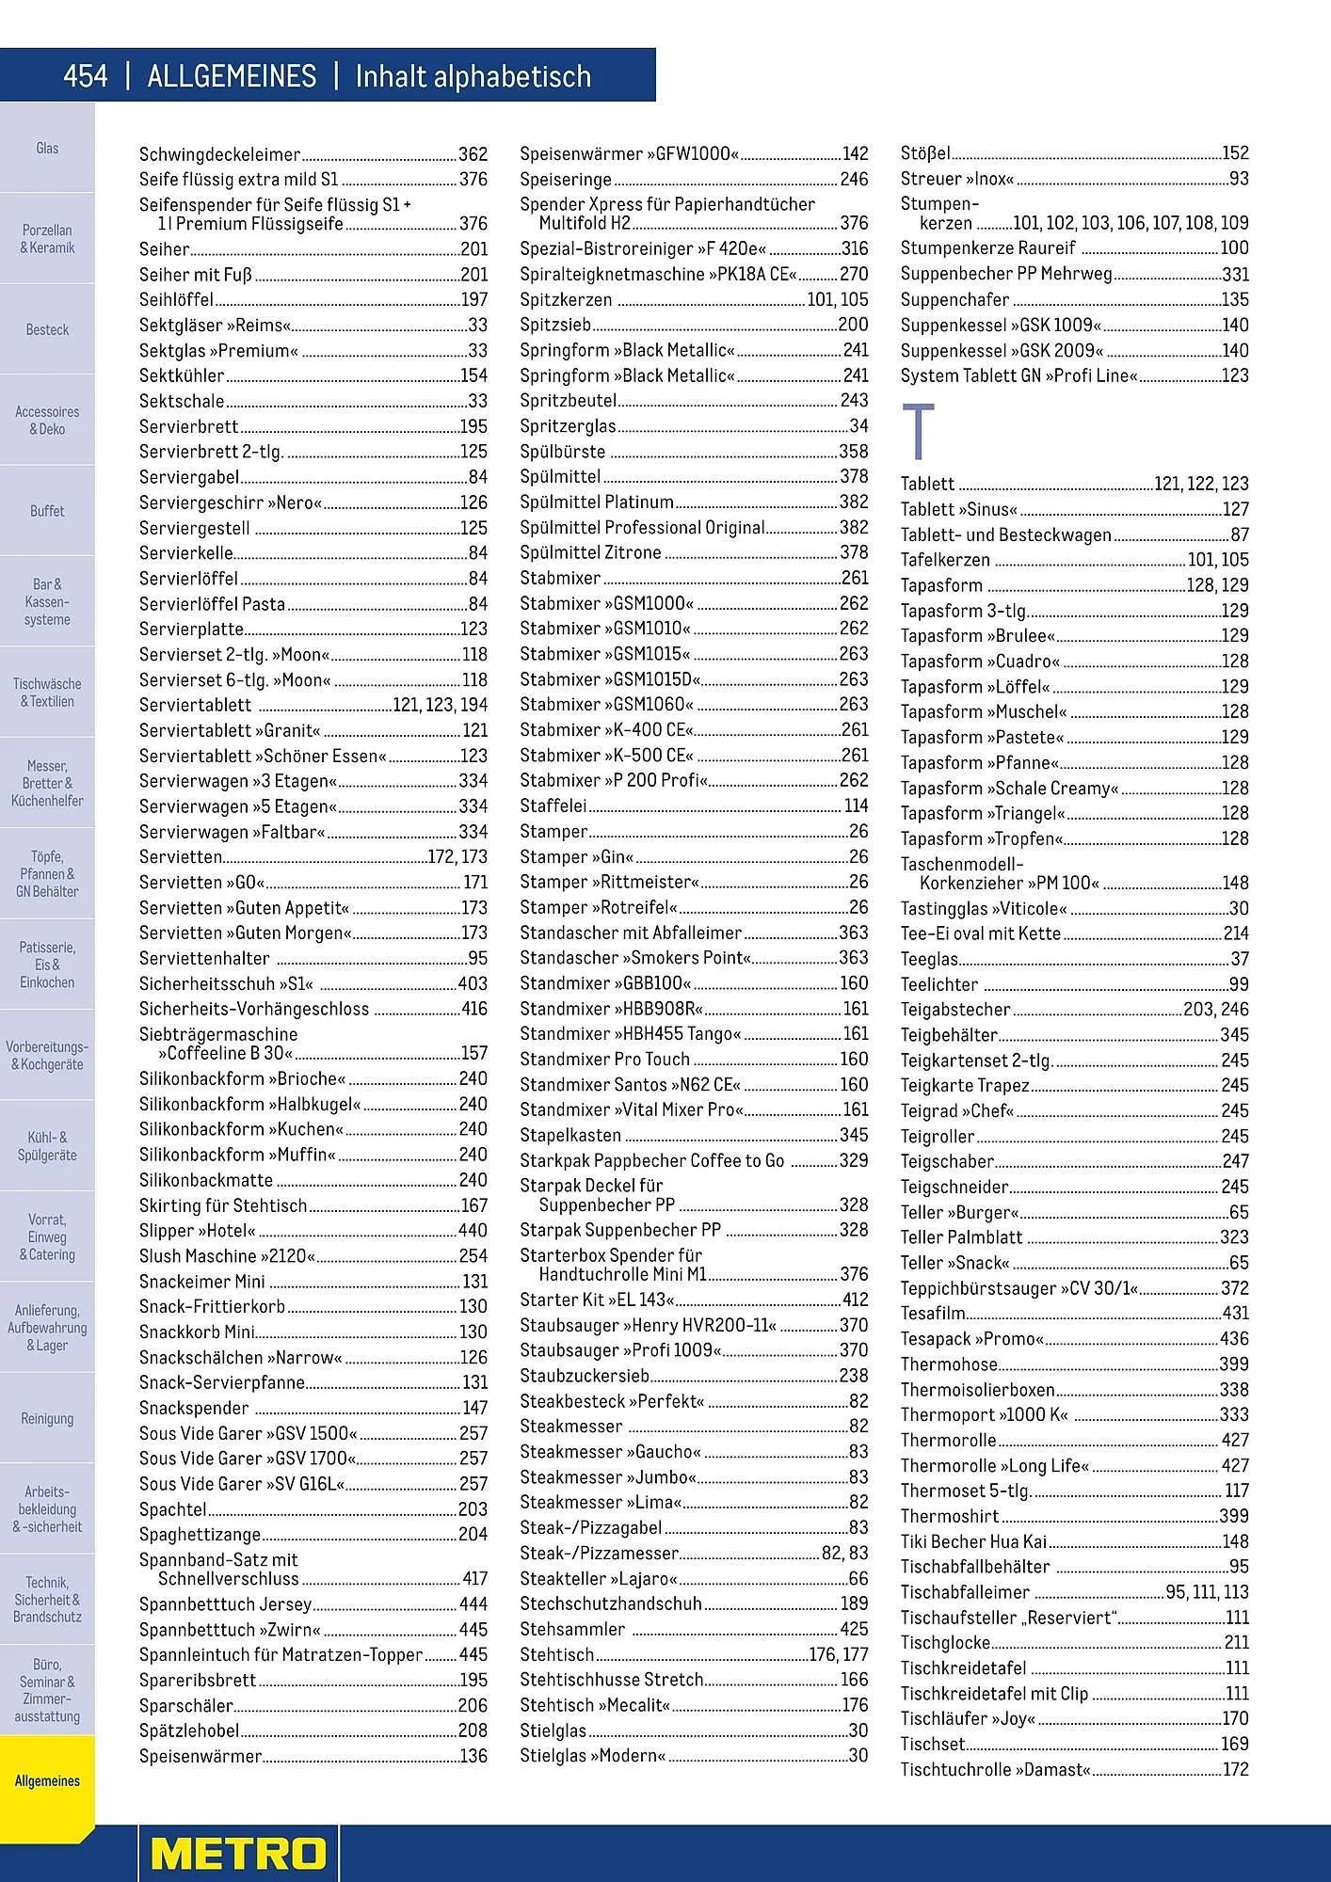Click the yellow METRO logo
[238, 1853]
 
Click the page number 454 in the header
[86, 76]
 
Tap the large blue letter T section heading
[918, 432]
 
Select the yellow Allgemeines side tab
[47, 1780]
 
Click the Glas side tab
[47, 148]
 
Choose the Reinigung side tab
[47, 1418]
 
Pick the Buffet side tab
[47, 511]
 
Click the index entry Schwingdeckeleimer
[219, 154]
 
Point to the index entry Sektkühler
[182, 375]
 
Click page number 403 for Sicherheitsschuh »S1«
[473, 983]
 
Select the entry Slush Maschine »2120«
[227, 1255]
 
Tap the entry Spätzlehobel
[189, 1730]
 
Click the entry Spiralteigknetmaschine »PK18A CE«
[658, 274]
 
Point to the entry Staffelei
[553, 805]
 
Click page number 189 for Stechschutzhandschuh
[854, 1603]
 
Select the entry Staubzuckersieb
[585, 1376]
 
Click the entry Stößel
[924, 153]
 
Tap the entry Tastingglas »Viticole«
[983, 908]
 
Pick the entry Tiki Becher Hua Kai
[973, 1541]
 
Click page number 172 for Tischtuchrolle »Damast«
[1235, 1769]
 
